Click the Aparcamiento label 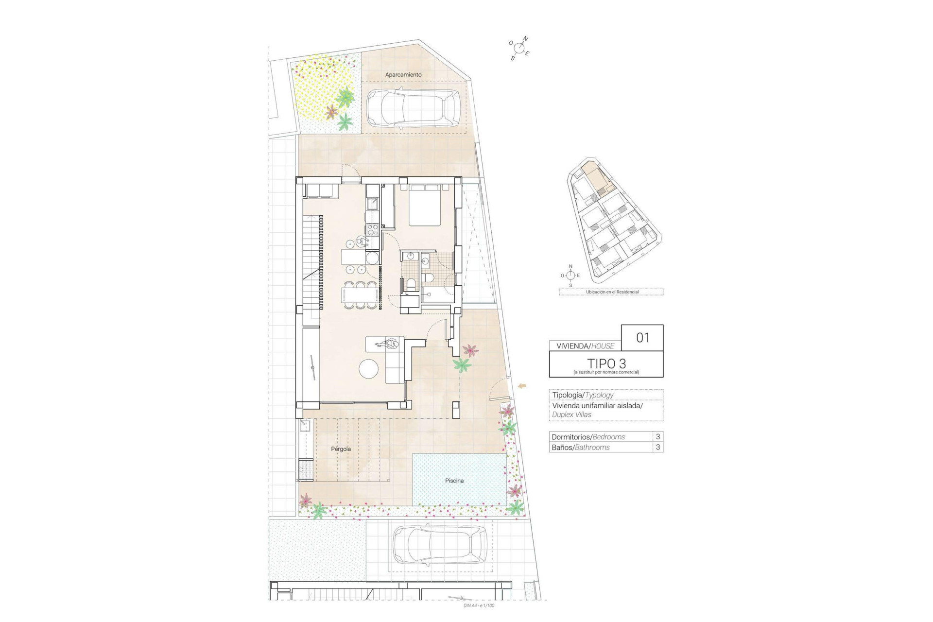403,75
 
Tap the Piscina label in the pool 454,481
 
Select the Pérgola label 341,449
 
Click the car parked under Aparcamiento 413,108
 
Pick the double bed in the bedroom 425,206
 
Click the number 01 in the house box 642,337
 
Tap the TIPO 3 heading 606,363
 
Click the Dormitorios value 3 658,436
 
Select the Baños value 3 658,447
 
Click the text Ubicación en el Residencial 612,292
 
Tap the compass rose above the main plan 519,48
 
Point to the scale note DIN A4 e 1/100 479,605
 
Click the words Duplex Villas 572,415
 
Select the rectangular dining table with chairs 361,295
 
